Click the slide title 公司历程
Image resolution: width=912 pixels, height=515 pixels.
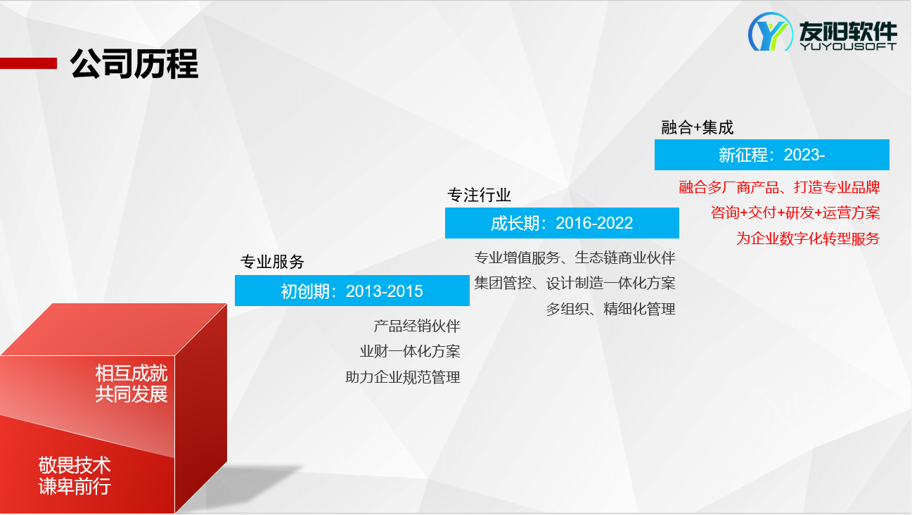coord(134,63)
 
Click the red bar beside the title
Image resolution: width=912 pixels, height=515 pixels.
coord(28,63)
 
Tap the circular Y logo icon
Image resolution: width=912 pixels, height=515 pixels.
coord(770,32)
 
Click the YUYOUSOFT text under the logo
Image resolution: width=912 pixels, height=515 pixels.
coord(848,46)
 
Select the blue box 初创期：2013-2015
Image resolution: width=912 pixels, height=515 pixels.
coord(352,291)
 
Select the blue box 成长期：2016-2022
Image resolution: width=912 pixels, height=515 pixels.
coord(562,223)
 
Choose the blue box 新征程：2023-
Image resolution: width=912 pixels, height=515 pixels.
coord(772,154)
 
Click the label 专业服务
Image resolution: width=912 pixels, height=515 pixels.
coord(272,262)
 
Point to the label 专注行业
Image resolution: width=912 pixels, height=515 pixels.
coord(479,195)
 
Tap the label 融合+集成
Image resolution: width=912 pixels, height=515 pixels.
coord(697,127)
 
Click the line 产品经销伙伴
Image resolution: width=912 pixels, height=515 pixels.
coord(417,326)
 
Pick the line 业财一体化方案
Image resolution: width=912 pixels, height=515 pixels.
coord(410,351)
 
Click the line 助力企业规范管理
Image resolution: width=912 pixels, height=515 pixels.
coord(403,377)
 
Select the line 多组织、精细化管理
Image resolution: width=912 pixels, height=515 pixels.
coord(611,309)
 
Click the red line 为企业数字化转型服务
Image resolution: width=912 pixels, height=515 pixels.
coord(808,239)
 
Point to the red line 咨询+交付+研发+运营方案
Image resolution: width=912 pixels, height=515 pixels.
coord(795,212)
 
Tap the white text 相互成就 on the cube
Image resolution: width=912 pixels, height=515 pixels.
coord(131,373)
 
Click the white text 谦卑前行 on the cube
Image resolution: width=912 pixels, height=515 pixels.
coord(75,486)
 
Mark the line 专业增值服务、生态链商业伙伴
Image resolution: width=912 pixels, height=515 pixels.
coord(575,257)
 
